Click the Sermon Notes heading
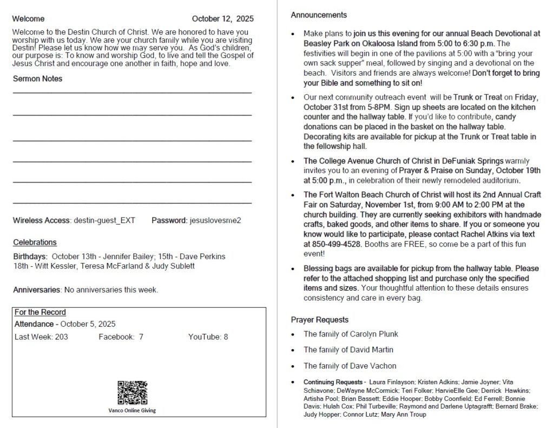(37, 78)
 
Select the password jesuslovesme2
(215, 220)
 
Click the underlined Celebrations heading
(35, 242)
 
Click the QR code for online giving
(132, 393)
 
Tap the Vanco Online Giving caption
(132, 411)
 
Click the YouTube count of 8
(226, 337)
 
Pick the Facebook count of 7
(141, 337)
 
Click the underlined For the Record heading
(40, 312)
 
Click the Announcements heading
(319, 15)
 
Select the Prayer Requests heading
(319, 319)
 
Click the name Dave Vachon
(373, 366)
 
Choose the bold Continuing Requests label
(334, 382)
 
